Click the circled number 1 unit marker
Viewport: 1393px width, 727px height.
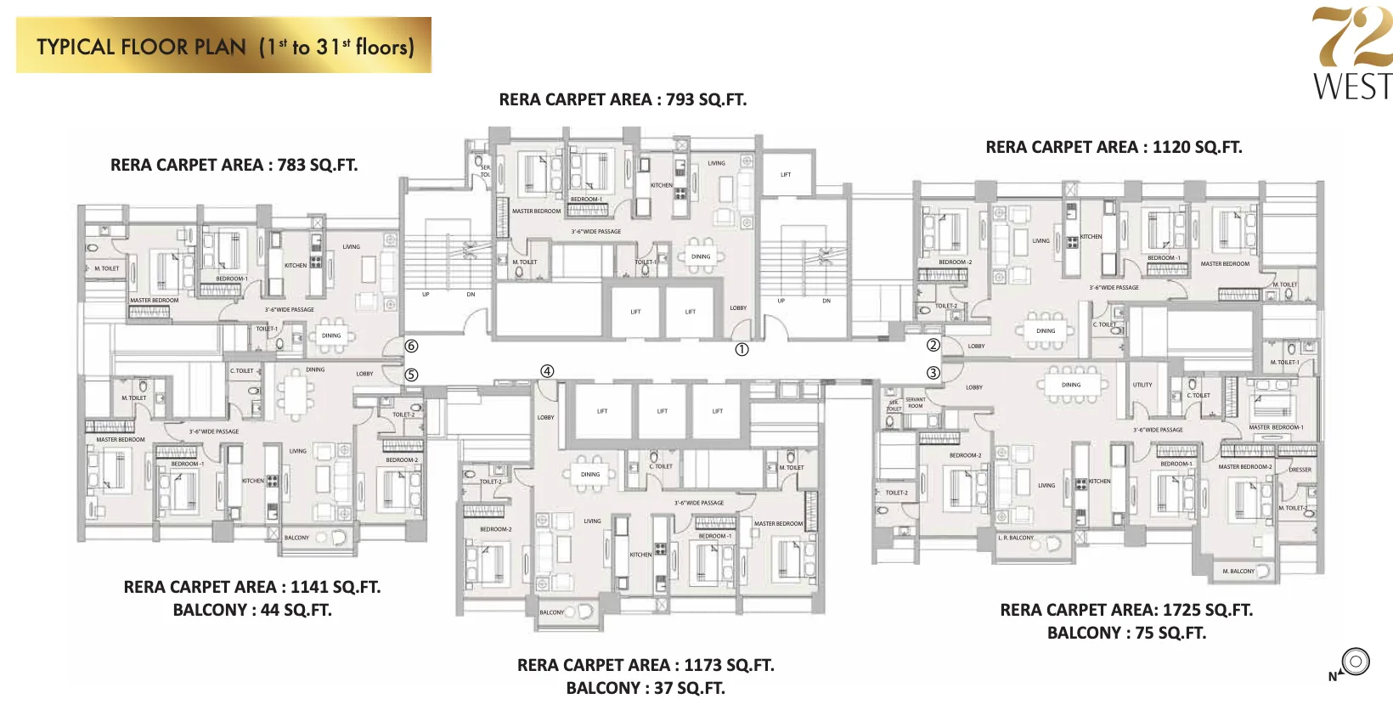(x=742, y=350)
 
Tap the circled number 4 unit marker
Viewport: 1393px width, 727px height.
(x=547, y=371)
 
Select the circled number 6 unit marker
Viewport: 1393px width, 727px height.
(x=411, y=346)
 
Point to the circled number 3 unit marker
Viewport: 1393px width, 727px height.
(x=933, y=373)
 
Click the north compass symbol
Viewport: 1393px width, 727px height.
(x=1355, y=662)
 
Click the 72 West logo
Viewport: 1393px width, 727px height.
(x=1351, y=53)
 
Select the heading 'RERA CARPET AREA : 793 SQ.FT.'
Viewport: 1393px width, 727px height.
(x=623, y=99)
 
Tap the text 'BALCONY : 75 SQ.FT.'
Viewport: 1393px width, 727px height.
(x=1126, y=633)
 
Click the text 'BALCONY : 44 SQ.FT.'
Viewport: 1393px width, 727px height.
(x=252, y=610)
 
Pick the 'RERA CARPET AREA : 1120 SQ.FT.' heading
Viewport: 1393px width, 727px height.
(x=1114, y=147)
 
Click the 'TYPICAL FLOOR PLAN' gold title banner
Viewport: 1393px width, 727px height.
(x=224, y=46)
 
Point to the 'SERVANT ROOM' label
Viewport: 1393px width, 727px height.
(x=915, y=403)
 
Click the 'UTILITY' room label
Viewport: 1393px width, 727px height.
(x=1142, y=385)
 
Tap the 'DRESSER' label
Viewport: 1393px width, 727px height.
(x=1300, y=470)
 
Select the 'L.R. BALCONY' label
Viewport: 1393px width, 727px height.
(x=1016, y=538)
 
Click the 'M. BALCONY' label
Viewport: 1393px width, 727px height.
(x=1238, y=571)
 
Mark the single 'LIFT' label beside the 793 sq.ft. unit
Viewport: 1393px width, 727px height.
(x=786, y=175)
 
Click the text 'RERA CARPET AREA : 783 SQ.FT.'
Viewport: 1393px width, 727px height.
(x=234, y=165)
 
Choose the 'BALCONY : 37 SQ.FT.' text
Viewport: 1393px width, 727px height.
(x=646, y=688)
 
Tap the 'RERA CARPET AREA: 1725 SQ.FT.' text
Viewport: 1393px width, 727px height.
(x=1126, y=610)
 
